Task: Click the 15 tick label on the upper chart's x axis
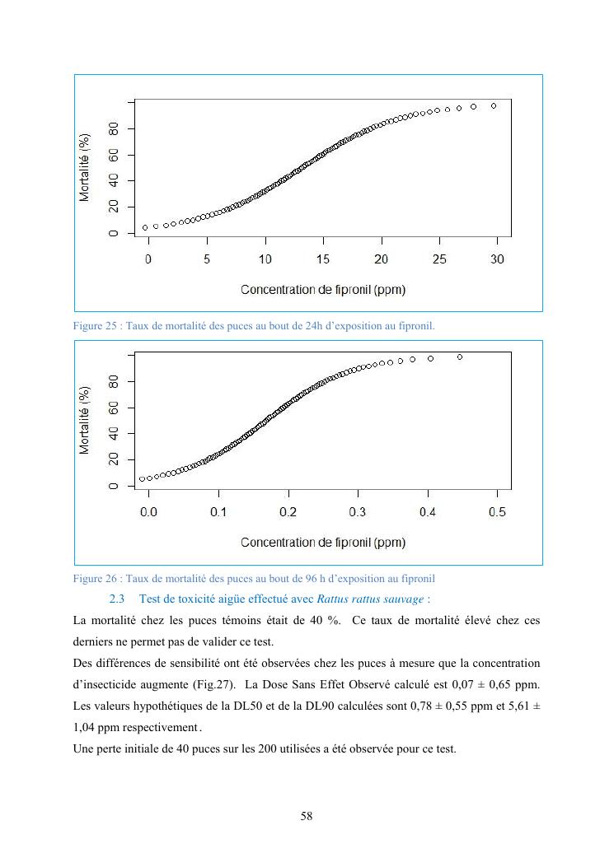tap(323, 259)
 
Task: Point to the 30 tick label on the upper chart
tap(498, 259)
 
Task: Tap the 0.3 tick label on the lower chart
tap(358, 512)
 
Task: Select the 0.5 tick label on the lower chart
tap(498, 512)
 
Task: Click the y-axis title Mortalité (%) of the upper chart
tap(85, 167)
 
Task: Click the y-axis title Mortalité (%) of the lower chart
tap(85, 420)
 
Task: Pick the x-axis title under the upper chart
tap(323, 290)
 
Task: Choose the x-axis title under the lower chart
tap(323, 543)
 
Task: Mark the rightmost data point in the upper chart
tap(494, 105)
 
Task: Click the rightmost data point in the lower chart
tap(459, 357)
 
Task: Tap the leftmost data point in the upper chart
tap(145, 227)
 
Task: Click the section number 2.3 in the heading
tap(116, 597)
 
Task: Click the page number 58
tap(307, 816)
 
